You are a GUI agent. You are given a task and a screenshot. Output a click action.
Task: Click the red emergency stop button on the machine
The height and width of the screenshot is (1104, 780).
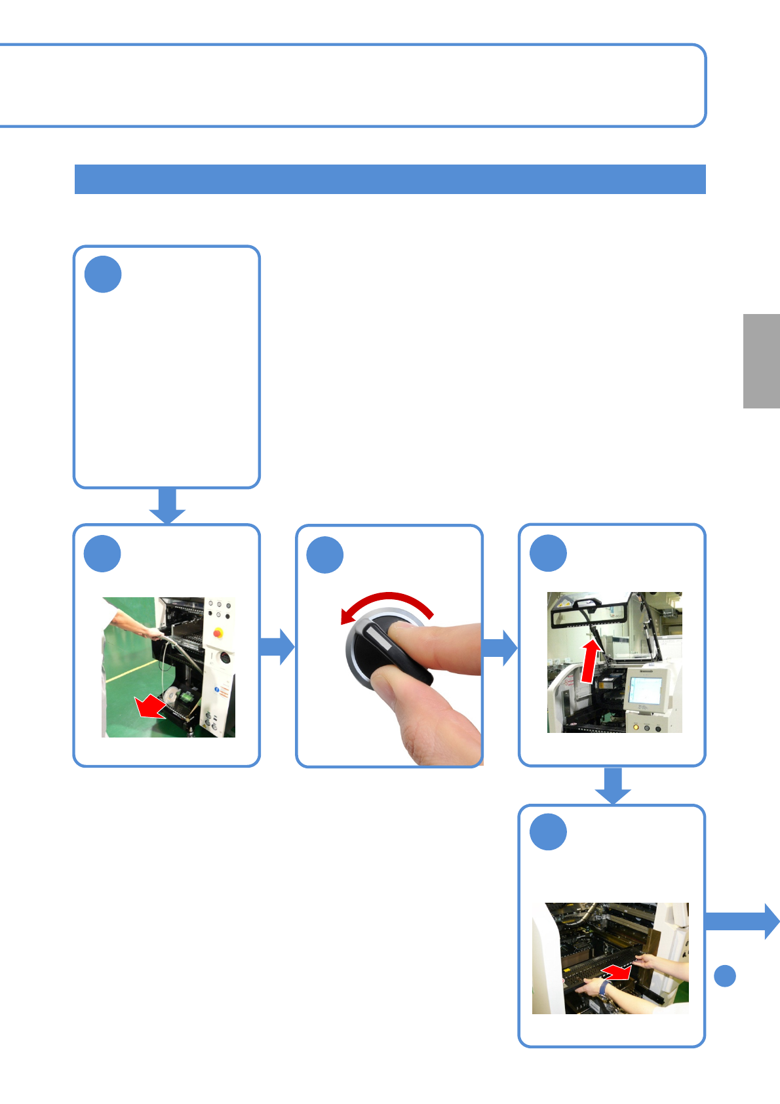coord(218,634)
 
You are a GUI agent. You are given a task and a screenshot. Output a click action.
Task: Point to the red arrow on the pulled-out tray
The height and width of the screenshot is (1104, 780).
coord(617,972)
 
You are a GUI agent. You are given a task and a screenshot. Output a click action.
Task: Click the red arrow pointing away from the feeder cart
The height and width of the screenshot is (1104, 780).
coord(150,707)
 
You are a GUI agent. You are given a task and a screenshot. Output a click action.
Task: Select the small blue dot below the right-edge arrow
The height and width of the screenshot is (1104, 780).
coord(724,976)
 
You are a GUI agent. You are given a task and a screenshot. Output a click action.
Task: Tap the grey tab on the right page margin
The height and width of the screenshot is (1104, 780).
coord(761,361)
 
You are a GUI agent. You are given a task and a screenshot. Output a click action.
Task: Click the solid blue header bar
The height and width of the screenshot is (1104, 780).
coord(390,179)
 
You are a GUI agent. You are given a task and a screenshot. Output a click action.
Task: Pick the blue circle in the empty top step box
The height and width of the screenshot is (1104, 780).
coord(103,275)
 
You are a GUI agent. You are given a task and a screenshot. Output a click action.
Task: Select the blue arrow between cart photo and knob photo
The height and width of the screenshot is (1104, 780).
coord(277,646)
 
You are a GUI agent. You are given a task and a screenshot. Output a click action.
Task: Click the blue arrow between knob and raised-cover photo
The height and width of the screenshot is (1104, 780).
coord(500,648)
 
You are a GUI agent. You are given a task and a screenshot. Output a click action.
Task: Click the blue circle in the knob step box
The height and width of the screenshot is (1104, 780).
coord(325,555)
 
